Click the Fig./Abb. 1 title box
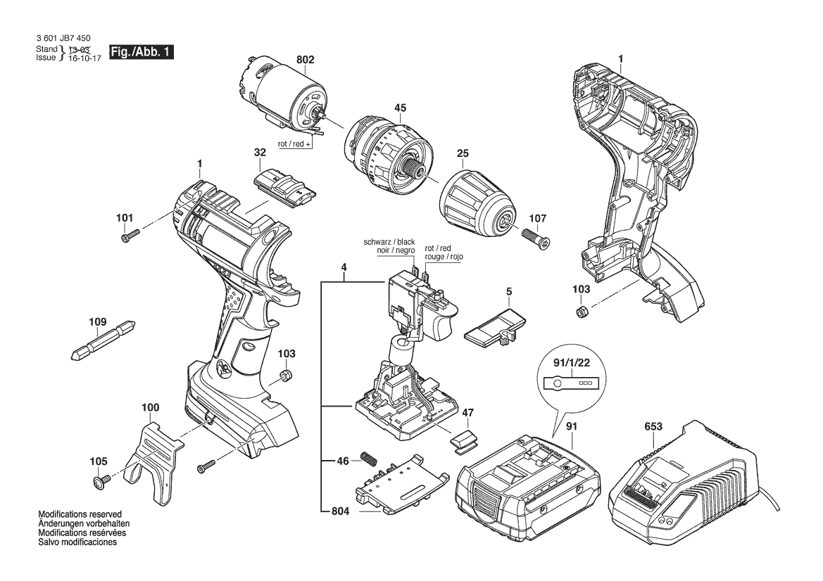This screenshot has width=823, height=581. click(x=142, y=52)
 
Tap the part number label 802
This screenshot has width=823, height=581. click(x=305, y=60)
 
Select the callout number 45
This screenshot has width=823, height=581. click(x=401, y=108)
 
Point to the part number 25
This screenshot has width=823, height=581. click(x=463, y=153)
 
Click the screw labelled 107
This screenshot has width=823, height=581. click(x=535, y=238)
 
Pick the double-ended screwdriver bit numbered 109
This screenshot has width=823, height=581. click(x=103, y=340)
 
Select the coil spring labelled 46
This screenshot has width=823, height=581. click(x=369, y=458)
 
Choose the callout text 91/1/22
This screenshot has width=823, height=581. click(x=572, y=363)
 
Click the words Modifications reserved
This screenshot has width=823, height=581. click(x=80, y=514)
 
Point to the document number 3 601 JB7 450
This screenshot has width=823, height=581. click(x=63, y=38)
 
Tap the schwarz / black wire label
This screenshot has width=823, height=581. click(x=389, y=242)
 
